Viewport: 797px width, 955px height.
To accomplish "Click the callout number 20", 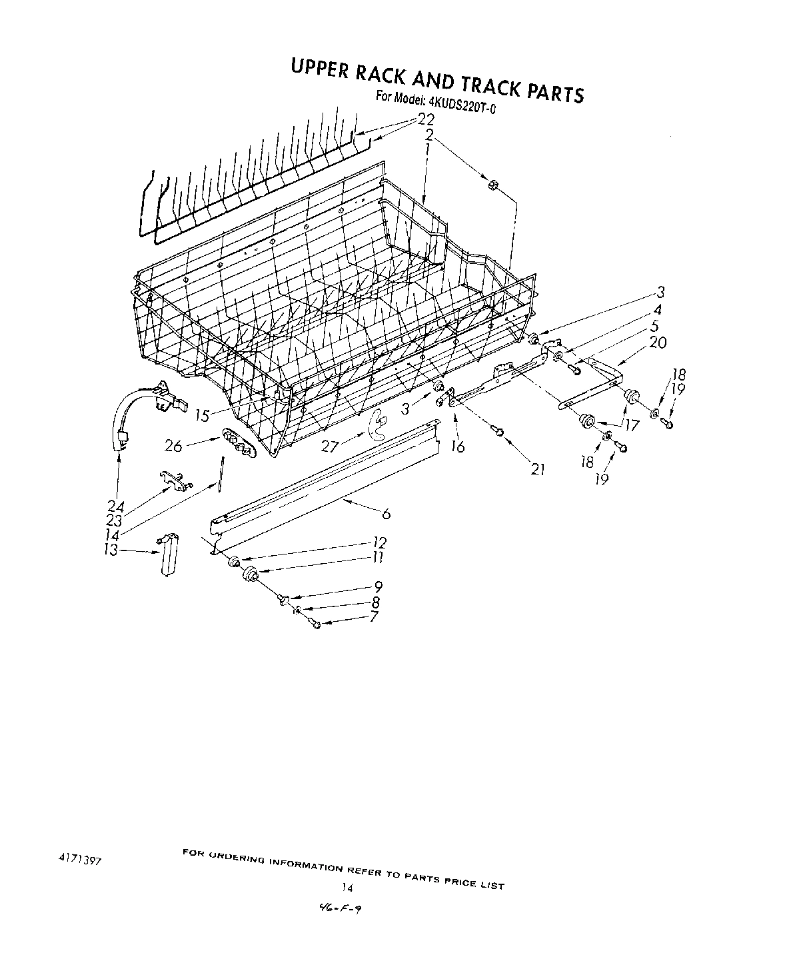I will pyautogui.click(x=657, y=343).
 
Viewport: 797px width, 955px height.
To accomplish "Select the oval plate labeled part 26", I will pyautogui.click(x=237, y=443).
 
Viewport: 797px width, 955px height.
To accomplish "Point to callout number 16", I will pyautogui.click(x=458, y=447).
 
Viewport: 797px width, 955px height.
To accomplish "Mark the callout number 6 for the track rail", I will pyautogui.click(x=385, y=513).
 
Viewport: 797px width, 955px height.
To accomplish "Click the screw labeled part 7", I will pyautogui.click(x=316, y=624).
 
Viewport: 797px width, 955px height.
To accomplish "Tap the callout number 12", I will pyautogui.click(x=379, y=542).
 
